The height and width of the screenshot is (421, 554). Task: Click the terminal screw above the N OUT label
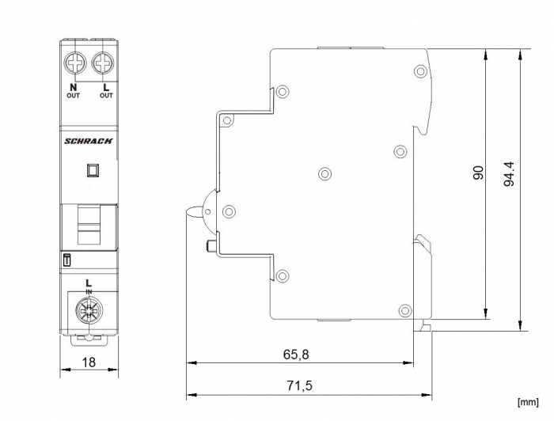76,62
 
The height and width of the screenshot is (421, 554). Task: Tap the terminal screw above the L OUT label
102,62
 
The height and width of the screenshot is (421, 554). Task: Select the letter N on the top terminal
74,86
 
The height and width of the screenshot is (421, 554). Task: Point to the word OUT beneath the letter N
74,96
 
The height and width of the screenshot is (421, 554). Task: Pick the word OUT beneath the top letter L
106,96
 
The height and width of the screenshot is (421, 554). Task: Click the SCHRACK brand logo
89,141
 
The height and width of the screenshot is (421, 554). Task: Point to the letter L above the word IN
89,283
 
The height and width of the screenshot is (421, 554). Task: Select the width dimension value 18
89,362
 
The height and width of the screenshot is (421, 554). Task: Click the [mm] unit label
529,410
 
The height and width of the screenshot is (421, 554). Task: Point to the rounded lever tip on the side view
193,212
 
